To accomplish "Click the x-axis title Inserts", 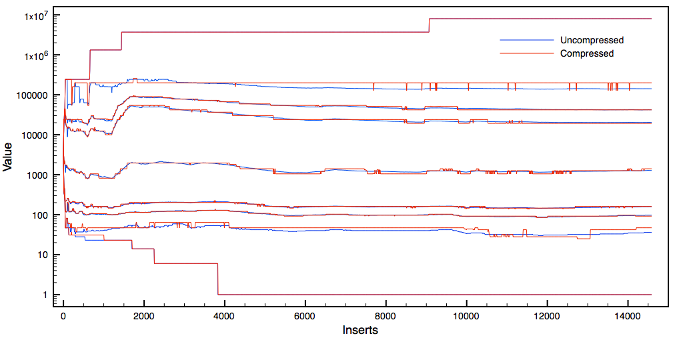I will (x=360, y=330).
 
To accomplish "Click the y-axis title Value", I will (x=8, y=160).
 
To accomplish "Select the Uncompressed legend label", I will (x=592, y=41).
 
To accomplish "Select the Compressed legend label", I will (x=587, y=53).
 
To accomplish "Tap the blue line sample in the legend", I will (x=527, y=41).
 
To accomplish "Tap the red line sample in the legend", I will (x=527, y=53).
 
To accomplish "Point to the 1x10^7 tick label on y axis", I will (x=31, y=15).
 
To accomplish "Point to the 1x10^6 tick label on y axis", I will (x=31, y=55).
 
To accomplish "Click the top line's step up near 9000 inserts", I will (x=429, y=25).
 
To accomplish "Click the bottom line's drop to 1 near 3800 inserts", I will (x=218, y=279).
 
